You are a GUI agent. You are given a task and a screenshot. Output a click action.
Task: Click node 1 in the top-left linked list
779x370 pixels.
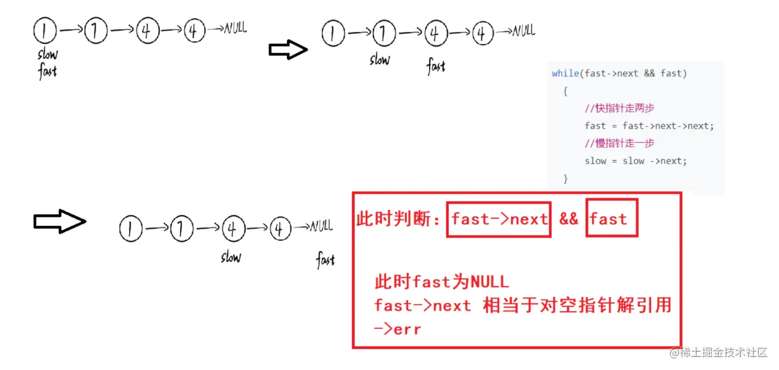click(x=45, y=30)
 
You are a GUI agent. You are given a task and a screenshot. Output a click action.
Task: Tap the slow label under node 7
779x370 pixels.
click(x=379, y=60)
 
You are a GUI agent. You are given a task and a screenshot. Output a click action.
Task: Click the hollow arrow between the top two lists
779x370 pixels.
click(x=288, y=50)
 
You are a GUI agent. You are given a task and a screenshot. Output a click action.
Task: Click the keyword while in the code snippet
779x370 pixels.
click(x=565, y=73)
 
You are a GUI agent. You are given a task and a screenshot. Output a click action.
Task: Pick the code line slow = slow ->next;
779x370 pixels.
click(x=636, y=161)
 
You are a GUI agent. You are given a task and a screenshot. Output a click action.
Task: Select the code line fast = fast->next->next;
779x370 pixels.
click(x=649, y=126)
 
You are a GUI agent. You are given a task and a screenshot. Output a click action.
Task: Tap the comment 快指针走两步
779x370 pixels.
click(x=620, y=109)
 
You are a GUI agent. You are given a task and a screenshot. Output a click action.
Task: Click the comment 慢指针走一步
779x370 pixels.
click(x=620, y=143)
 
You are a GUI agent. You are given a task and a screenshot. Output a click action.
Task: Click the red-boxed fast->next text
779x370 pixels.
click(x=499, y=219)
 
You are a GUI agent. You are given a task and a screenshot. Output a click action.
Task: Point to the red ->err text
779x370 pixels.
click(x=398, y=329)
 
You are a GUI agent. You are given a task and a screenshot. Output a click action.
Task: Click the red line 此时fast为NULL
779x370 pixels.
click(x=441, y=282)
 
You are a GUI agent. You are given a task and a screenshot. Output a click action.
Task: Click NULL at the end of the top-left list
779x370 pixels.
click(x=235, y=28)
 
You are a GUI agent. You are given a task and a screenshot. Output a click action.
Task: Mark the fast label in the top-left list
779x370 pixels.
click(x=47, y=71)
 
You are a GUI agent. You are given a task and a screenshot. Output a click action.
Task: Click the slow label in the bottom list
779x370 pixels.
click(x=231, y=258)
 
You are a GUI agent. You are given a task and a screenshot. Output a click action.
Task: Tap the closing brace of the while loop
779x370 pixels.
click(x=565, y=179)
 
